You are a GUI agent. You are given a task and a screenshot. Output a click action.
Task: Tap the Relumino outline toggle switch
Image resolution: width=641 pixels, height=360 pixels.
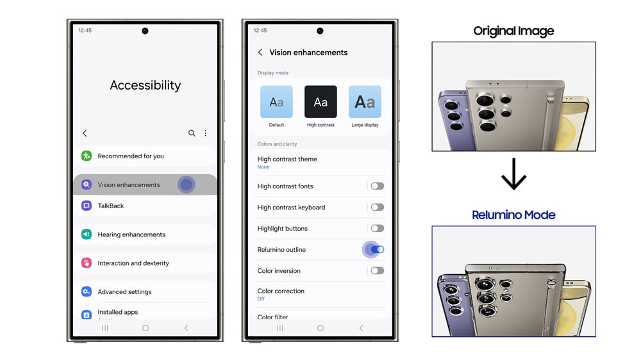[x=378, y=250]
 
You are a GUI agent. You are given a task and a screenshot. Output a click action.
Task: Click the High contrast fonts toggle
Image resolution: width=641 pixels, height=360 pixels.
[x=378, y=186]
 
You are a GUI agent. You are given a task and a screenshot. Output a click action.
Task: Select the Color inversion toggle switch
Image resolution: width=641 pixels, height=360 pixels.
[x=378, y=271]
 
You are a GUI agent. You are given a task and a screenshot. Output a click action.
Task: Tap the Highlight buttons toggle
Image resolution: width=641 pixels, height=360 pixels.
[x=378, y=229]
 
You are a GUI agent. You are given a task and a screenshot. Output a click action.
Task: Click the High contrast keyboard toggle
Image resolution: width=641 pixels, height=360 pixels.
[x=378, y=208]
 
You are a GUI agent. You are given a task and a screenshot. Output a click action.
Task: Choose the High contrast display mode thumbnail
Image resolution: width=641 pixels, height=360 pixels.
[x=320, y=102]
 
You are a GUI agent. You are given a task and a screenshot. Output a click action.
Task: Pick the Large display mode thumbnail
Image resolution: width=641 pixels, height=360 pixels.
[x=365, y=102]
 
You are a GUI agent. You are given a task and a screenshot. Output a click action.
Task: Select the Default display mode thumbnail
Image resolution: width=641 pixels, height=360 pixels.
[x=276, y=102]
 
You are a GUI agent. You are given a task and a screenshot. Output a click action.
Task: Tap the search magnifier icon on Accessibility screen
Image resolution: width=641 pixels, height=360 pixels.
[x=192, y=133]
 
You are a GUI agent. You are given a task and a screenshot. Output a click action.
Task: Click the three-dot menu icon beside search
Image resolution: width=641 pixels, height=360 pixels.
[x=206, y=133]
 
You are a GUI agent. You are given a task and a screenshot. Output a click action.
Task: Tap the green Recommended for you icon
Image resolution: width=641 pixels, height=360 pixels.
[x=87, y=156]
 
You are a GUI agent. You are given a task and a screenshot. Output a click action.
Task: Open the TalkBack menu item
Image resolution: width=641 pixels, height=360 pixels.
[x=111, y=206]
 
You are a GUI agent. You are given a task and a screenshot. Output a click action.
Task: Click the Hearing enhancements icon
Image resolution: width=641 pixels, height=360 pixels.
[x=87, y=234]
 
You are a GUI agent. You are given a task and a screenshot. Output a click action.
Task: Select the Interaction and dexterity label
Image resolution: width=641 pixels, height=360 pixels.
[x=133, y=263]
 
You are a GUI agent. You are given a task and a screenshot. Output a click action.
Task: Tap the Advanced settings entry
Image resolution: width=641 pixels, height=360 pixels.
[x=124, y=291]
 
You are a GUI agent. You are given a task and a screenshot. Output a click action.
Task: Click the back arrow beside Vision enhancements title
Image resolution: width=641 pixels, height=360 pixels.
[x=260, y=53]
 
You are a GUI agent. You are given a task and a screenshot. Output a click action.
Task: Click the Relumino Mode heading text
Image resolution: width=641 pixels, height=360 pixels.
[x=513, y=215]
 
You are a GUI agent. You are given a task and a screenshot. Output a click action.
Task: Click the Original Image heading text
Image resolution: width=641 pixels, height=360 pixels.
[x=513, y=31]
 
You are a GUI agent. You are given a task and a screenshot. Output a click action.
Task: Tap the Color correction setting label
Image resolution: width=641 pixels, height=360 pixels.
[x=281, y=291]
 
